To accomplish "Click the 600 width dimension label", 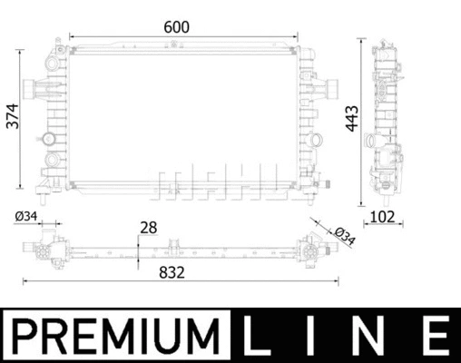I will [176, 27].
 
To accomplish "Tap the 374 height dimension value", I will [13, 116].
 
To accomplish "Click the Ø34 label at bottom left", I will [26, 216].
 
